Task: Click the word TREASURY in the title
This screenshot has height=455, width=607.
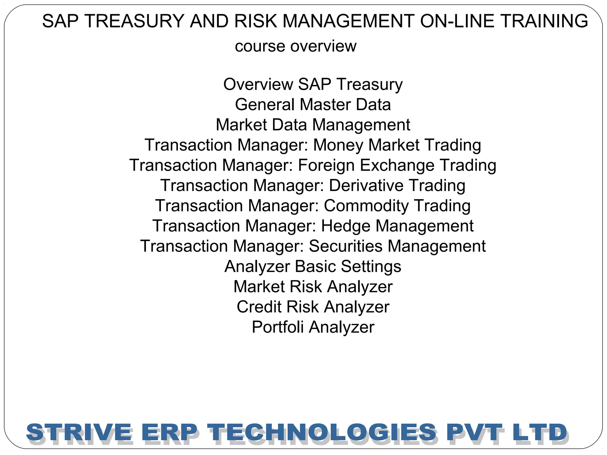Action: coord(135,21)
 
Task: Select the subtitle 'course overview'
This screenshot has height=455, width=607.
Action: coord(295,46)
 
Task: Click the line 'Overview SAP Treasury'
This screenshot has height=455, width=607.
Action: coord(313,84)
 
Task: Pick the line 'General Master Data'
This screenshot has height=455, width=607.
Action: coord(313,105)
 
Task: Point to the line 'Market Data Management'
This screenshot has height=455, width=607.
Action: coord(313,125)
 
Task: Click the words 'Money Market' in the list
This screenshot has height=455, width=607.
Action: coord(366,145)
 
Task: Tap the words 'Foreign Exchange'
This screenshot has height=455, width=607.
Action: coord(366,165)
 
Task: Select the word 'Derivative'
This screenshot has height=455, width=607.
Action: coord(366,185)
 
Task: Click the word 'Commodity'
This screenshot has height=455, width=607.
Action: coord(366,206)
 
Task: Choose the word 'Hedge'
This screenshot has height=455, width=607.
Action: coord(346,226)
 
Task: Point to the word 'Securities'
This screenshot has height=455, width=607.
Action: coord(346,246)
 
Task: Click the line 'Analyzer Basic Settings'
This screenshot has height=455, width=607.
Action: coord(313,266)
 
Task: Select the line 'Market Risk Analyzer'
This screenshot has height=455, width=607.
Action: coord(313,287)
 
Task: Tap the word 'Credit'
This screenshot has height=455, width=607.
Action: coord(258,307)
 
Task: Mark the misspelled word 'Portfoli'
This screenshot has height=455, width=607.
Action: coord(278,327)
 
